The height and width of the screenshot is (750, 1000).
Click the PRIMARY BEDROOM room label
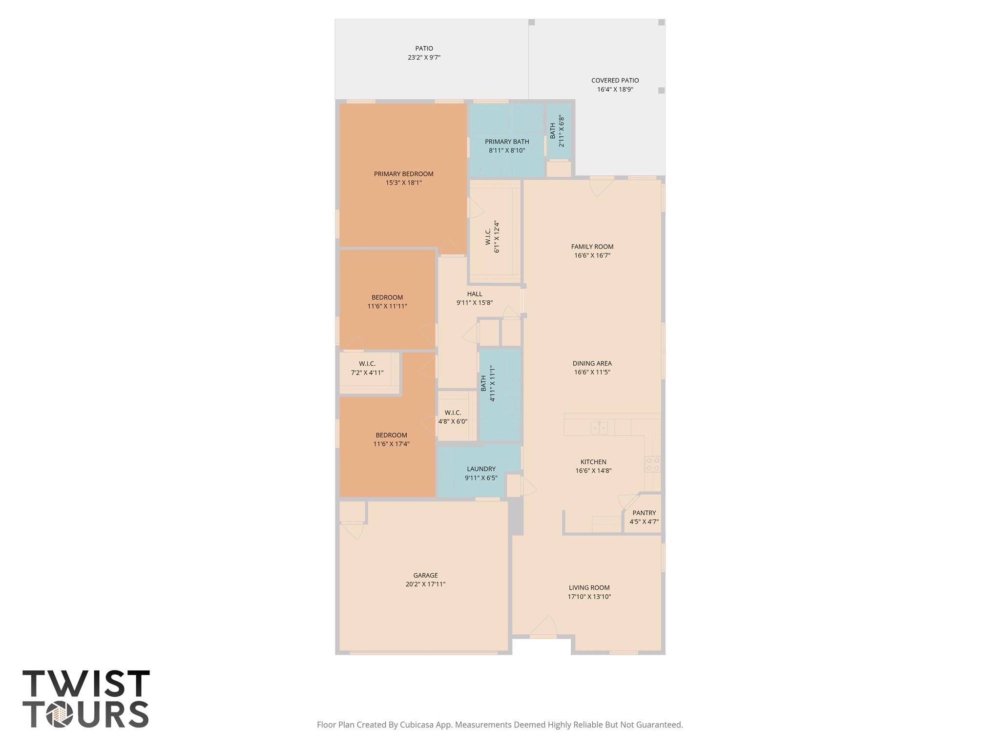click(403, 174)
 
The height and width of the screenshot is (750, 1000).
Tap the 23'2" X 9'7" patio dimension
click(424, 58)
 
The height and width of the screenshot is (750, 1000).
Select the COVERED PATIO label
click(615, 81)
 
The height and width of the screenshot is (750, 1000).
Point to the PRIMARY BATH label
click(507, 142)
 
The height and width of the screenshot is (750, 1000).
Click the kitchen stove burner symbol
click(652, 464)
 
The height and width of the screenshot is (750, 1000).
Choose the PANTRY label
click(644, 513)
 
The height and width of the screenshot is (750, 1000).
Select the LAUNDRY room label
click(481, 469)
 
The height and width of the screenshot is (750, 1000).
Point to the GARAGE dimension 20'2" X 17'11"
click(425, 584)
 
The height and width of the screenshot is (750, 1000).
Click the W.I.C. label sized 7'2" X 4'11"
click(367, 364)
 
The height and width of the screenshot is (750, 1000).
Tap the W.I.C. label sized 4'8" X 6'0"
click(453, 413)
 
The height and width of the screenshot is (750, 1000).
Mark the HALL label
click(474, 294)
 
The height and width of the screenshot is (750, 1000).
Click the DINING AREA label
click(592, 363)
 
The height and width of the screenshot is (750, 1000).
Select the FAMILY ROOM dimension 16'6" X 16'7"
click(592, 255)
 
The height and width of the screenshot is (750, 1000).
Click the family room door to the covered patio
click(602, 187)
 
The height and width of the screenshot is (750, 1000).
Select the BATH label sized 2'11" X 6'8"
click(552, 131)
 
